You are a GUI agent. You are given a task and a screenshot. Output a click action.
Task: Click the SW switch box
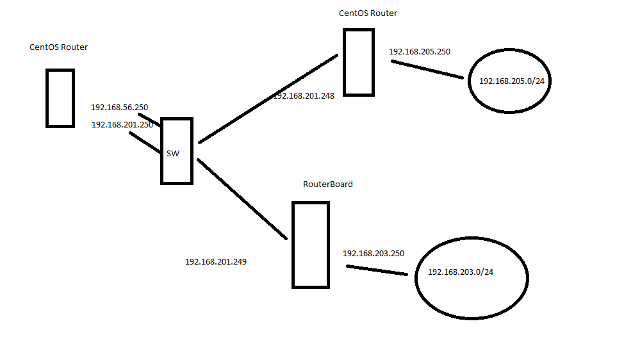click(177, 170)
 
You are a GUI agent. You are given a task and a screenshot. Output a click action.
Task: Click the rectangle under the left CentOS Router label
click(60, 98)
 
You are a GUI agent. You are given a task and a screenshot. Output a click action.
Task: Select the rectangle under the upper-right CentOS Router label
click(358, 62)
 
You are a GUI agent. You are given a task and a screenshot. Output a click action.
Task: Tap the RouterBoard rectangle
click(311, 244)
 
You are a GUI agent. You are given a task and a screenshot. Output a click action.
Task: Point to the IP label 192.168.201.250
click(122, 125)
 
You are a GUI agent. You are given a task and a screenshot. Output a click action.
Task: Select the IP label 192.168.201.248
click(304, 96)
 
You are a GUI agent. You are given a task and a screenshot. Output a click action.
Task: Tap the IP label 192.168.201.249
click(216, 261)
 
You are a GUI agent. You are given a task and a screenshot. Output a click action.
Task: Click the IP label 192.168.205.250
click(420, 51)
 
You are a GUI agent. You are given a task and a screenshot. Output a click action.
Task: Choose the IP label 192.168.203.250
click(374, 254)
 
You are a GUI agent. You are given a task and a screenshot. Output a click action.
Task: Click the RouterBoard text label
click(327, 184)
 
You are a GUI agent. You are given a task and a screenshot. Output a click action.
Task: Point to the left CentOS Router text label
click(58, 47)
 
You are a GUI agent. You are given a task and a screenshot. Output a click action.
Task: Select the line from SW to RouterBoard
click(242, 199)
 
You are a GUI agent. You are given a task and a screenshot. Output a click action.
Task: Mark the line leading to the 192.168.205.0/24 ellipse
click(427, 70)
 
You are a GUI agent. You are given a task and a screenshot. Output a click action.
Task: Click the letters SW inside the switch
click(173, 154)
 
